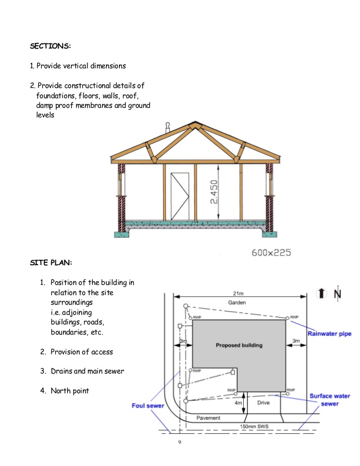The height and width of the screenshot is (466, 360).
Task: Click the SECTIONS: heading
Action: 50,46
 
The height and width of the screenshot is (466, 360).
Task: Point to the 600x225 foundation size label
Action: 271,253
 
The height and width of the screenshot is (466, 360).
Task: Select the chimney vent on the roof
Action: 167,126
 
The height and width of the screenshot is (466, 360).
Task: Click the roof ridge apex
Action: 195,122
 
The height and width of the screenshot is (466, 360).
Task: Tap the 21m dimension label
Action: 238,293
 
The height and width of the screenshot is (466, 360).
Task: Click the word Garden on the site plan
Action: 237,303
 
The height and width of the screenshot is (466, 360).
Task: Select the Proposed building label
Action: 239,345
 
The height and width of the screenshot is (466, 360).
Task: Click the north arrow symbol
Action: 322,293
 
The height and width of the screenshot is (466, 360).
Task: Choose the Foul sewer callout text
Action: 147,405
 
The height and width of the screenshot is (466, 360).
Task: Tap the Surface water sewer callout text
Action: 330,400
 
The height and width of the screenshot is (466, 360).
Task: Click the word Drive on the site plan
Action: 264,403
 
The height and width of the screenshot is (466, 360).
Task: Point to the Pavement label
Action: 208,418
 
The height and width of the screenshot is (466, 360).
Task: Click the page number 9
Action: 179,442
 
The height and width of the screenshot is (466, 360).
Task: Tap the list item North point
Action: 70,391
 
